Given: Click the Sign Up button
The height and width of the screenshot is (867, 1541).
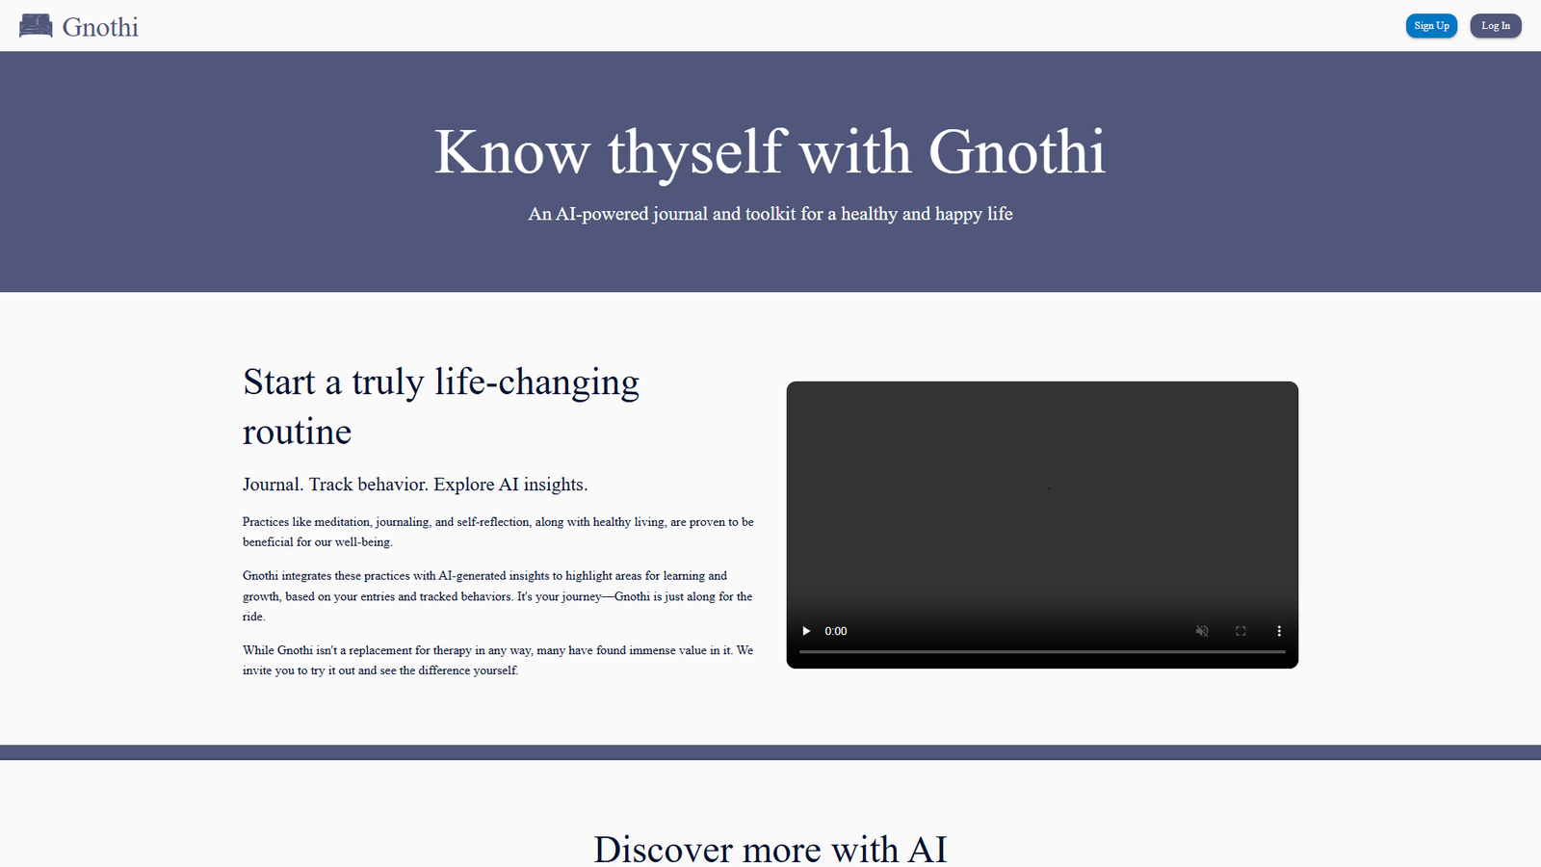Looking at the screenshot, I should click(x=1431, y=26).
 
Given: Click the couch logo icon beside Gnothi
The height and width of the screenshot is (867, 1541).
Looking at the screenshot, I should click(x=36, y=26).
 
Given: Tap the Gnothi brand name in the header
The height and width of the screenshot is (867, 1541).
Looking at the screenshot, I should click(x=100, y=27).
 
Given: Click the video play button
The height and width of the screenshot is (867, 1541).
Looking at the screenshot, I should click(x=806, y=631).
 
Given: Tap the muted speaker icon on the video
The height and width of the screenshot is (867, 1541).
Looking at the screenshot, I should click(x=1202, y=631).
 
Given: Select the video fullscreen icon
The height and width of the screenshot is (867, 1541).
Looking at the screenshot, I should click(x=1241, y=631).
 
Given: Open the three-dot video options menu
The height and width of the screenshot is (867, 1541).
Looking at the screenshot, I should click(x=1279, y=631).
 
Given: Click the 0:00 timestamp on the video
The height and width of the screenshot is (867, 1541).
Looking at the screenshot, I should click(x=836, y=631).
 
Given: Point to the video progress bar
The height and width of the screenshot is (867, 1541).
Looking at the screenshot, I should click(x=1042, y=652).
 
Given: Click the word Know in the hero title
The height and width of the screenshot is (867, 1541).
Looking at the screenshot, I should click(x=511, y=152).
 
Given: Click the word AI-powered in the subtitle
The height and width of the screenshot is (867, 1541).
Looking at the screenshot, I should click(x=602, y=214).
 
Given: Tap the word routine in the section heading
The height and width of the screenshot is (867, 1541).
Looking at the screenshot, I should click(x=297, y=432).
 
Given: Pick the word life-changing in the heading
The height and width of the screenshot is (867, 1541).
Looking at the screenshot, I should click(x=536, y=382).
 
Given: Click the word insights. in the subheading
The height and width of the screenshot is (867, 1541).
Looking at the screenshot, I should click(x=555, y=485).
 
